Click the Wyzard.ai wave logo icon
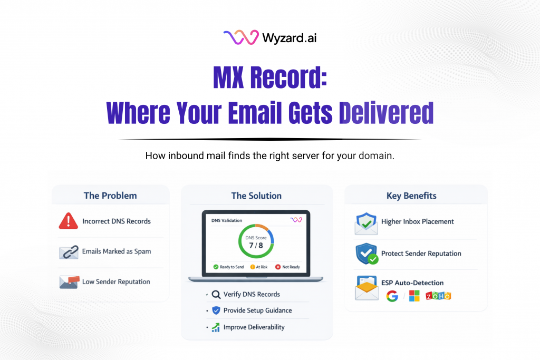tap(240, 37)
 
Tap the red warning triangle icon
tap(68, 221)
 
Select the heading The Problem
tap(110, 196)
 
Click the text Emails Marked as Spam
tap(117, 251)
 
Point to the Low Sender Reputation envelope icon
tap(69, 281)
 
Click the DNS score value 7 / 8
tap(256, 245)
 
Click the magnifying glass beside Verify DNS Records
tap(215, 295)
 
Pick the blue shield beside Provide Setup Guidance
tap(216, 310)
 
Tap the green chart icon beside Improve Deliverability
tap(216, 327)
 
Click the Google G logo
tap(392, 296)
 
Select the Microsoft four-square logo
tap(414, 296)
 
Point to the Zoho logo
tap(438, 296)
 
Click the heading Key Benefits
tap(411, 196)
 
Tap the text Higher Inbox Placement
tap(418, 222)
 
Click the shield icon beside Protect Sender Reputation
tap(365, 254)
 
